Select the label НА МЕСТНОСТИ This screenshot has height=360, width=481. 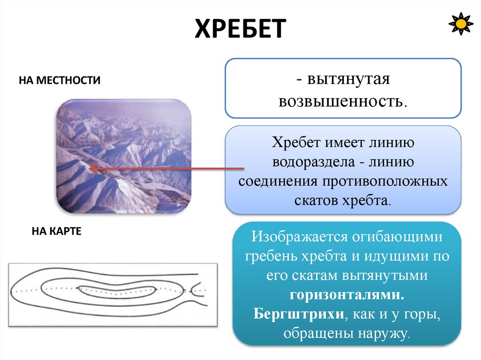[60, 80]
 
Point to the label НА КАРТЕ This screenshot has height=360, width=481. [57, 231]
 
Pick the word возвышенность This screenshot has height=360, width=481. [342, 101]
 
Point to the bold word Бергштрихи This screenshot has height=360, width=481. [297, 314]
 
